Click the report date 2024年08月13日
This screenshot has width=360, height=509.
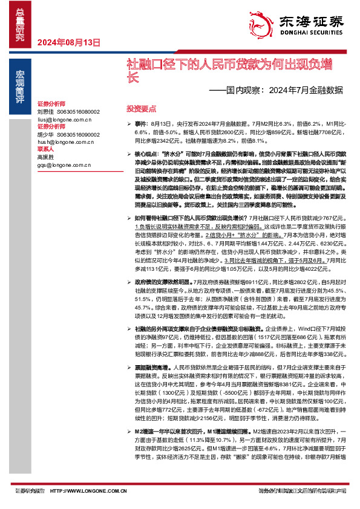(68, 42)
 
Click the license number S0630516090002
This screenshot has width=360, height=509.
(77, 134)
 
